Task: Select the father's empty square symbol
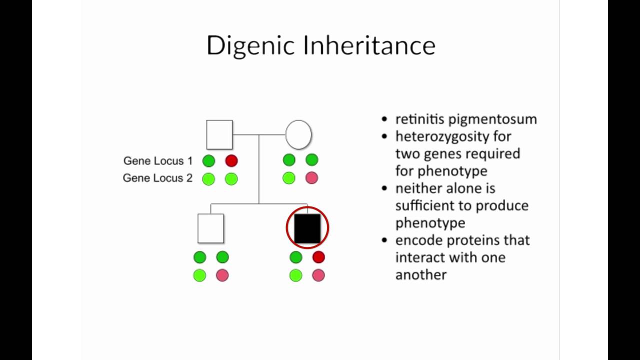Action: (219, 134)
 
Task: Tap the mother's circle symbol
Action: (298, 134)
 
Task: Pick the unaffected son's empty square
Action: (210, 228)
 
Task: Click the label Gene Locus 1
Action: (158, 161)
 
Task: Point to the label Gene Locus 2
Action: (157, 178)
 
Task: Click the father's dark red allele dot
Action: (231, 160)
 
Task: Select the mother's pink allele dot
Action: (311, 177)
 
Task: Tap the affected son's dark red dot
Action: (318, 257)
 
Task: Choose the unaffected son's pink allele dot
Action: (222, 274)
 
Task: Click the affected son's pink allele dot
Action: (318, 274)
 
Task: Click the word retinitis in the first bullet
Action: (420, 119)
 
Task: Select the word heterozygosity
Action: (453, 136)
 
